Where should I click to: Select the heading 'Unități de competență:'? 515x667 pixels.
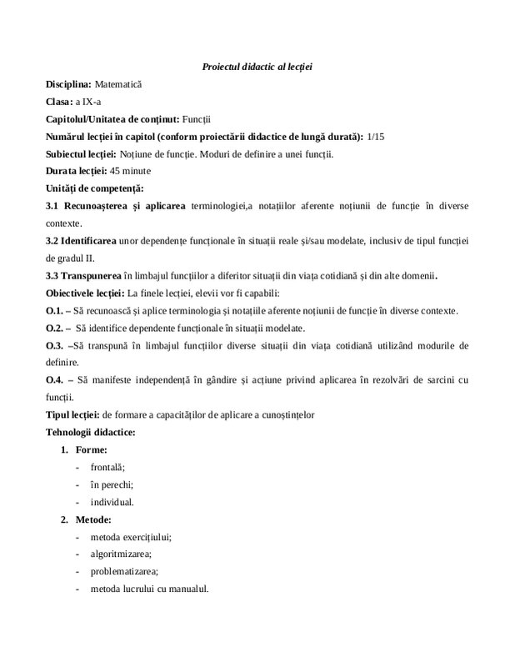coord(95,188)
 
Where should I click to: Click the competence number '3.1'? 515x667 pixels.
coord(54,206)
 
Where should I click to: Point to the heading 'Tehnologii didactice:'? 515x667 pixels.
coord(91,432)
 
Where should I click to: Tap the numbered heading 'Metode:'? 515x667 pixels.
coord(92,520)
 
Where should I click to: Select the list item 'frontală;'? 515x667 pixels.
coord(107,468)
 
